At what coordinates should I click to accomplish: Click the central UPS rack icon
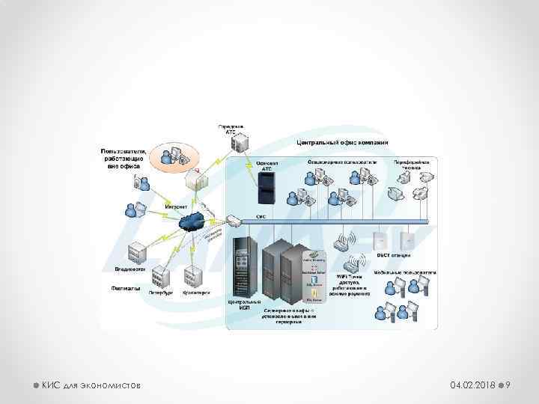tap(243, 265)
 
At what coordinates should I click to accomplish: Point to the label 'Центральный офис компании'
tap(342, 142)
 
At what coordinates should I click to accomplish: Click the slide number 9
tap(508, 385)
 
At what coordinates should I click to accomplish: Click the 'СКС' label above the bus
tap(261, 216)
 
